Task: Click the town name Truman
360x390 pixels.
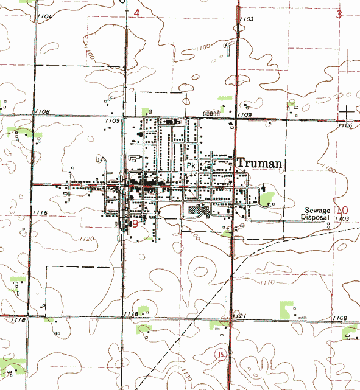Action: click(x=259, y=163)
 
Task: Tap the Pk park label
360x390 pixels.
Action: click(x=191, y=165)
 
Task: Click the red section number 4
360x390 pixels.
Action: click(x=136, y=13)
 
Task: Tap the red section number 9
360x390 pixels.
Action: click(x=135, y=225)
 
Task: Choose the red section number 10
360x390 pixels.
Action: click(x=342, y=209)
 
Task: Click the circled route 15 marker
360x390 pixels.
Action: click(x=221, y=354)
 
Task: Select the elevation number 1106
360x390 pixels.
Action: click(x=345, y=125)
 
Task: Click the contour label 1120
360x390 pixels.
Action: click(x=86, y=239)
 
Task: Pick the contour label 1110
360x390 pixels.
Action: click(x=267, y=284)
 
